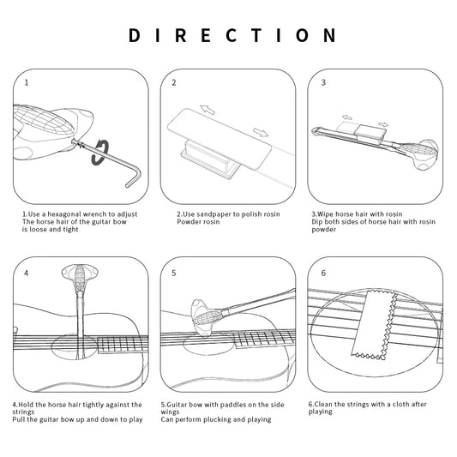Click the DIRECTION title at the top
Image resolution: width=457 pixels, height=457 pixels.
(232, 35)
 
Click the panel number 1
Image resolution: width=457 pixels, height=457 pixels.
(27, 83)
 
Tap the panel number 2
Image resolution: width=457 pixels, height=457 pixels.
(174, 83)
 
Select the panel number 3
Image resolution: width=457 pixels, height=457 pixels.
(323, 82)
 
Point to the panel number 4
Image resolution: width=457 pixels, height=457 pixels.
(27, 274)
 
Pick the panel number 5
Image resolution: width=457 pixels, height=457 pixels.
(174, 274)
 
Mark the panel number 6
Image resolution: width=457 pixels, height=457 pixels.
(323, 273)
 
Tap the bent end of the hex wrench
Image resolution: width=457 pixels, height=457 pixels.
(134, 177)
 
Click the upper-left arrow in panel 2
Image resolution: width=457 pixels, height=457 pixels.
(207, 110)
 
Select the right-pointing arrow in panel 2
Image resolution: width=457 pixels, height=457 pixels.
(261, 133)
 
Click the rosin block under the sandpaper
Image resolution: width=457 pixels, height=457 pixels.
(209, 159)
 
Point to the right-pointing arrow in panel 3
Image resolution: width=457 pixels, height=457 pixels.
(383, 124)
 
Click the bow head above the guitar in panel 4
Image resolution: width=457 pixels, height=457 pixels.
(80, 278)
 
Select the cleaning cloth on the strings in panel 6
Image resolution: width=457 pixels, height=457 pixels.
(374, 324)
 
